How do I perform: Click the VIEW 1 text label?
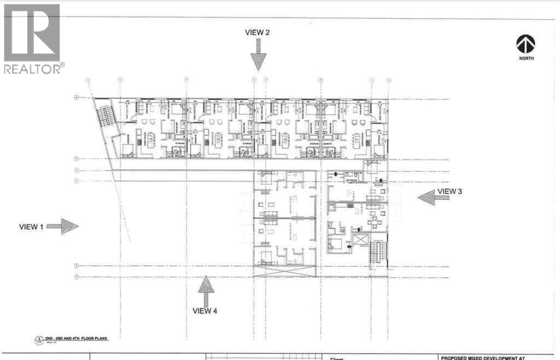click(x=31, y=227)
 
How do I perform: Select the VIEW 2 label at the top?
click(x=257, y=32)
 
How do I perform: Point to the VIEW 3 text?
click(x=450, y=191)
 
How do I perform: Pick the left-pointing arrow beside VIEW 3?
click(x=426, y=197)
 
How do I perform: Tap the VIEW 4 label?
click(x=205, y=311)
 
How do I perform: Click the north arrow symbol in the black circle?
click(x=526, y=44)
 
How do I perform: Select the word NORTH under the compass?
click(x=526, y=58)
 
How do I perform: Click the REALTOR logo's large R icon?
click(x=32, y=32)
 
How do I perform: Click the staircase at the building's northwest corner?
click(x=103, y=116)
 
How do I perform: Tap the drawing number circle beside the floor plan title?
click(x=39, y=340)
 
